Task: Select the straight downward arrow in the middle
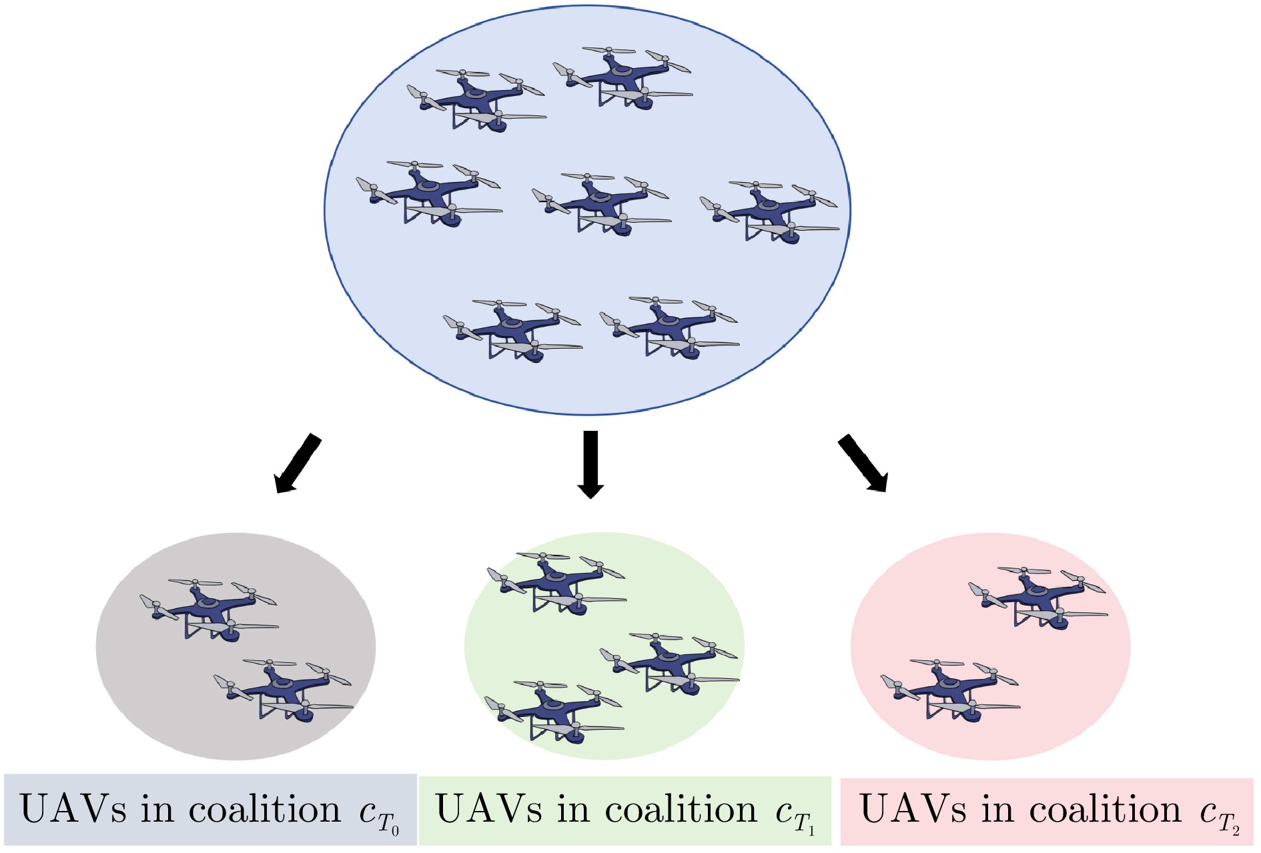[590, 464]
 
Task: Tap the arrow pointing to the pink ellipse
[863, 464]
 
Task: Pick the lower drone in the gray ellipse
[283, 690]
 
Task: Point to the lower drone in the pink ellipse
[949, 690]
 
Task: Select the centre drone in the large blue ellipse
[601, 203]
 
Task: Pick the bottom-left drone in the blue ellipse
[512, 329]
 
